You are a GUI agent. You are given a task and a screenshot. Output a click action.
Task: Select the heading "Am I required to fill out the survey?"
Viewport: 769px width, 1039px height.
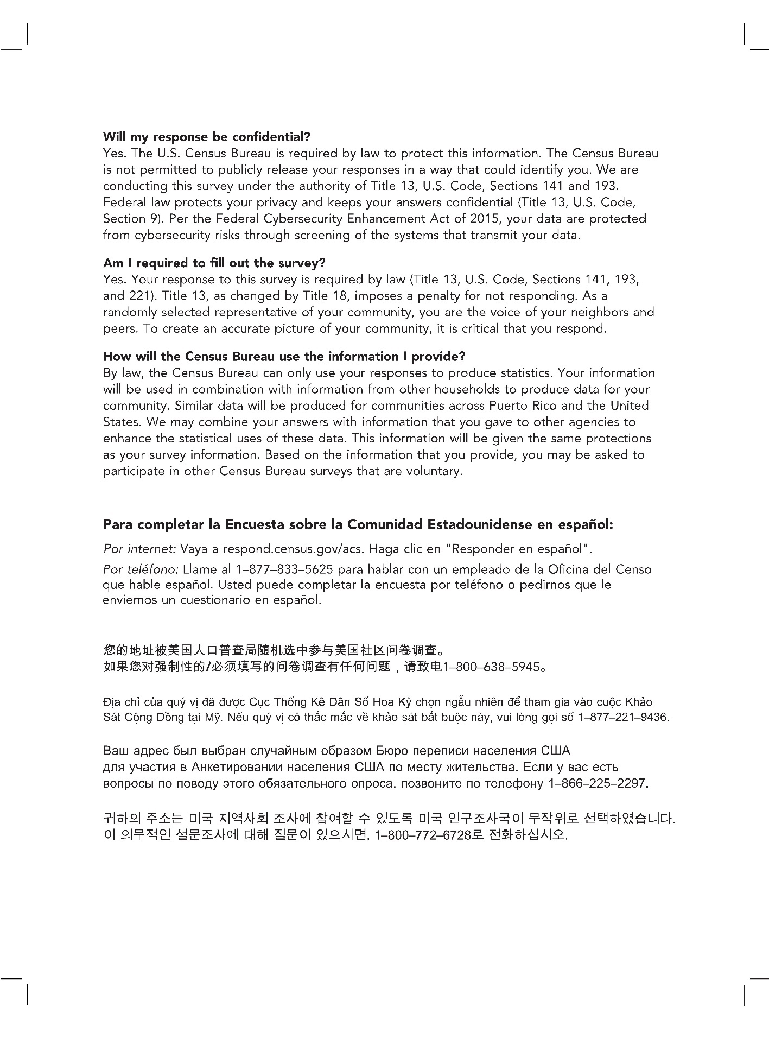(214, 263)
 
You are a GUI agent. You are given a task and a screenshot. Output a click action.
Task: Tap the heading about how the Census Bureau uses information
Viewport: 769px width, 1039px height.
(284, 357)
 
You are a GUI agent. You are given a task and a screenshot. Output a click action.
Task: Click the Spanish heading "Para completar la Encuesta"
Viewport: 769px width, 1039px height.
(358, 525)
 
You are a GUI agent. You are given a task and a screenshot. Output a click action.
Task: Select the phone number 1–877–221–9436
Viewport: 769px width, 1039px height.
(624, 718)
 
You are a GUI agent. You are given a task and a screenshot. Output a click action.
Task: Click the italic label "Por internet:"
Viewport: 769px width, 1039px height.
(139, 549)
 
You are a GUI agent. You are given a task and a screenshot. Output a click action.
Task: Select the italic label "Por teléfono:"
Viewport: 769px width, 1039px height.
(141, 570)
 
